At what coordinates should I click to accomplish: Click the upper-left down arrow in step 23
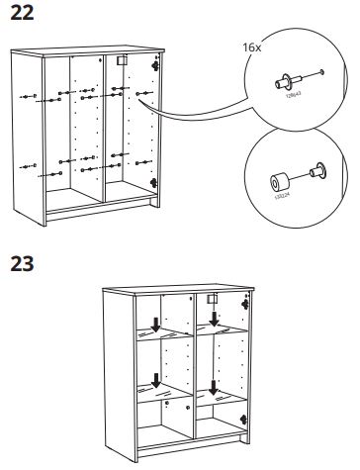pyautogui.click(x=155, y=324)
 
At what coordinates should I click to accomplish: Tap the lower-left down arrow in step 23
pyautogui.click(x=155, y=382)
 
